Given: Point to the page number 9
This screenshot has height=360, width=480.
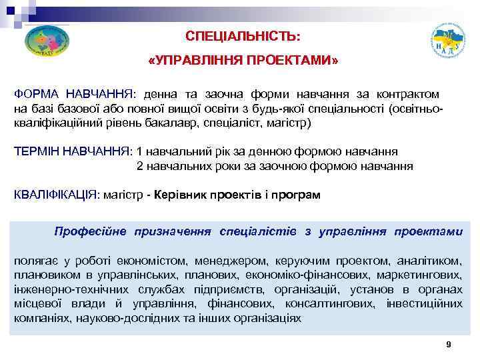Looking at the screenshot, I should [449, 344].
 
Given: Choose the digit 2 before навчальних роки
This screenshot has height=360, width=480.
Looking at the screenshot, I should [140, 166].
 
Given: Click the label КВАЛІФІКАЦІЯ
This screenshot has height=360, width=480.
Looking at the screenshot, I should [55, 195].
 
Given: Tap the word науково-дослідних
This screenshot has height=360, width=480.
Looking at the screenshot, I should [114, 319].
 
